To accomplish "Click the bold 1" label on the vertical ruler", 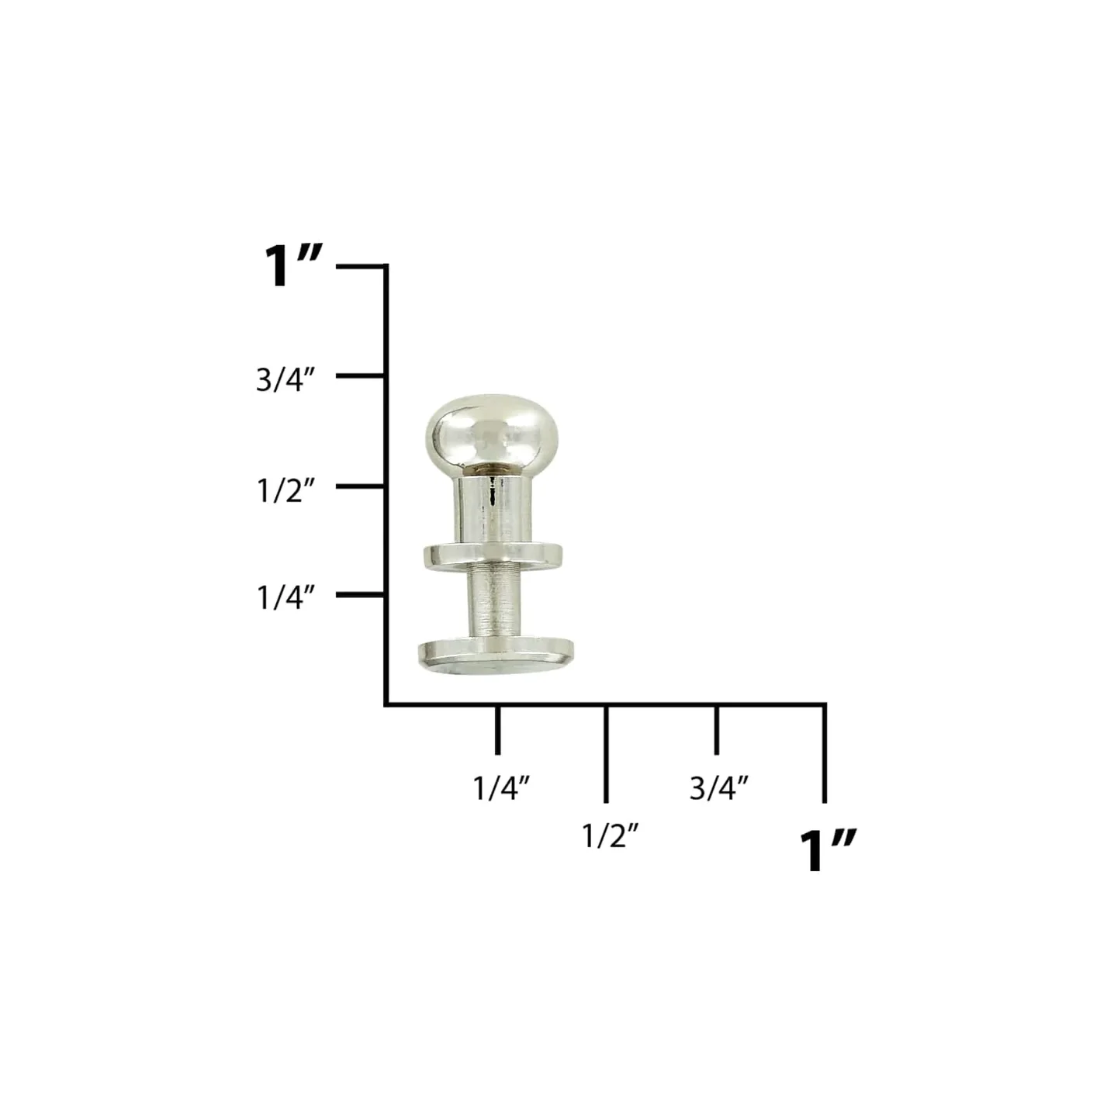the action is click(292, 266).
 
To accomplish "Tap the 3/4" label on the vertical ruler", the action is click(285, 380).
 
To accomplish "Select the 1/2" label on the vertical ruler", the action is click(285, 491).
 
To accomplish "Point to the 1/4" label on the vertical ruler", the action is click(285, 597).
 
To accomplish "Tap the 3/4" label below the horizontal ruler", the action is click(719, 788).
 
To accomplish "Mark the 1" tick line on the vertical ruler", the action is click(361, 266).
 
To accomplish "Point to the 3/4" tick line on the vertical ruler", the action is click(361, 376).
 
